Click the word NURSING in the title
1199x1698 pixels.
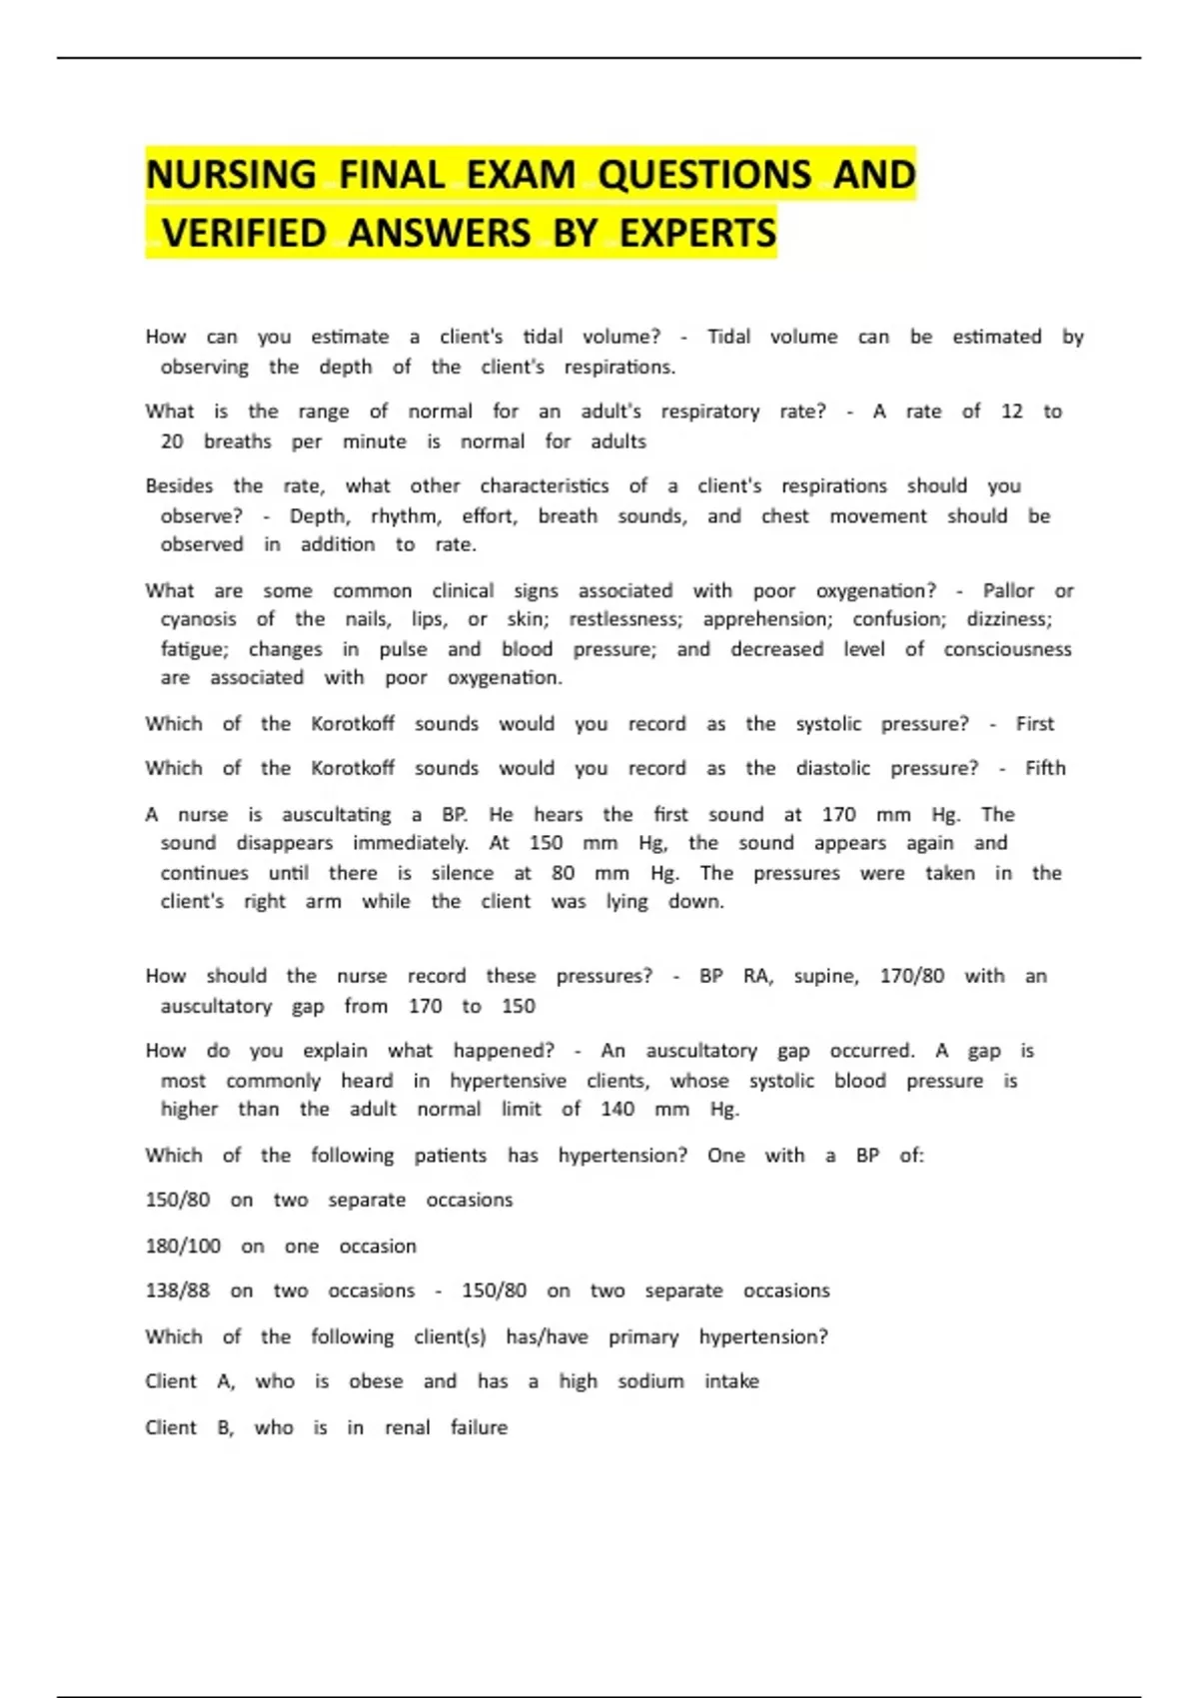pos(231,175)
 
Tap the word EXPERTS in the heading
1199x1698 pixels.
pos(697,234)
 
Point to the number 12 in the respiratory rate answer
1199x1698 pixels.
pos(1011,412)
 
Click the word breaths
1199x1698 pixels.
pos(237,441)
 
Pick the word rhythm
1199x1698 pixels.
pos(406,516)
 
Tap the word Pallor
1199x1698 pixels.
pos(1008,590)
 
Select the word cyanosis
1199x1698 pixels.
pos(198,619)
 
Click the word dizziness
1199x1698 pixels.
pos(1008,619)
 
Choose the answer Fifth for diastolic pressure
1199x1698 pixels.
pos(1045,768)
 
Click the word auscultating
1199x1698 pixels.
pos(336,815)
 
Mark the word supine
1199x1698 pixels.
pos(826,976)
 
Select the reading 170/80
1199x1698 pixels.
pos(911,976)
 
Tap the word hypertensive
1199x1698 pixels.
pos(508,1081)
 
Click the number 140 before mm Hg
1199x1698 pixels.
pos(617,1109)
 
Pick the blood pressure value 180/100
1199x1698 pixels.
pos(183,1247)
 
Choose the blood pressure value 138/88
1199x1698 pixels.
pos(178,1290)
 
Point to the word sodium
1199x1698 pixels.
pos(650,1381)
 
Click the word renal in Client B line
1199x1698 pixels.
pos(407,1427)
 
